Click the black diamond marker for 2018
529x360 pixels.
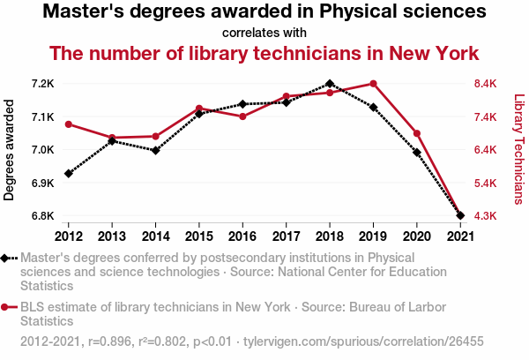pyautogui.click(x=329, y=84)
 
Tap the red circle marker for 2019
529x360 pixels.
pyautogui.click(x=373, y=84)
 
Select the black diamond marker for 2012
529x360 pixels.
pyautogui.click(x=69, y=173)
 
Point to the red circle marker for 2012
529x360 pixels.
pyautogui.click(x=69, y=124)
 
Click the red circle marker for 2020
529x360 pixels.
pyautogui.click(x=416, y=133)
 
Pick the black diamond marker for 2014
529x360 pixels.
pyautogui.click(x=155, y=151)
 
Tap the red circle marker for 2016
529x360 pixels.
pyautogui.click(x=242, y=116)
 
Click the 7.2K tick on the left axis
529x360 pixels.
pyautogui.click(x=43, y=84)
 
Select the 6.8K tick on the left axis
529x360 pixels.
pyautogui.click(x=43, y=215)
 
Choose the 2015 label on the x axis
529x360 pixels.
pyautogui.click(x=199, y=236)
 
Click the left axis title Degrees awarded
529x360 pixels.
pyautogui.click(x=10, y=150)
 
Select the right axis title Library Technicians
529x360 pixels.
pyautogui.click(x=518, y=150)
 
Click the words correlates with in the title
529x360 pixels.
pyautogui.click(x=264, y=33)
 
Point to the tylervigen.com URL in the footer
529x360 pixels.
pyautogui.click(x=363, y=341)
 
